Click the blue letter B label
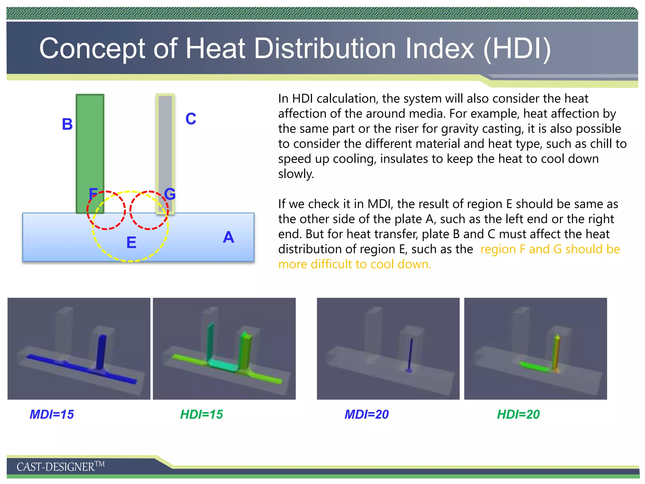(x=67, y=124)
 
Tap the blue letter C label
(x=191, y=119)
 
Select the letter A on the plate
(x=228, y=237)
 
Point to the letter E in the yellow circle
(x=131, y=243)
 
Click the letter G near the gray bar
(x=170, y=194)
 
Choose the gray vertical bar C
(x=165, y=142)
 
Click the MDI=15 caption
(x=52, y=414)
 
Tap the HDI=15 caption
(x=202, y=414)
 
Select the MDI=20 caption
(x=367, y=414)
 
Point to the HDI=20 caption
(x=518, y=414)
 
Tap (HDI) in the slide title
(x=517, y=49)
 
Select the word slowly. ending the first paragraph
(x=296, y=174)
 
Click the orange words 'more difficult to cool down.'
(x=355, y=264)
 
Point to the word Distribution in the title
(x=325, y=49)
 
